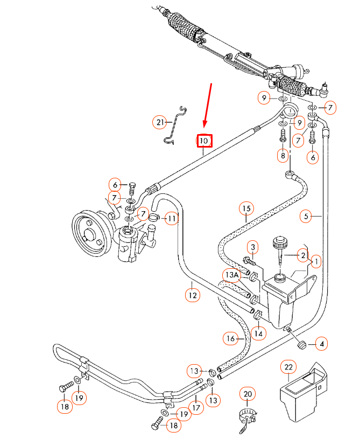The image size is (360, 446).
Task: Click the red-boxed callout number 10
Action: tap(204, 141)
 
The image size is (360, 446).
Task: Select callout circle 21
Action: tap(159, 123)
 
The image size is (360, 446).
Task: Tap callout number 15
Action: tap(246, 208)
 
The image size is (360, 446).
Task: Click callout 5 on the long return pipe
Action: tap(306, 217)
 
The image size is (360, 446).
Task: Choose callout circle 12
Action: tap(193, 295)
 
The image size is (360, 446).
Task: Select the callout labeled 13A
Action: tap(231, 275)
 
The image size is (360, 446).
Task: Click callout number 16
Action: tap(231, 338)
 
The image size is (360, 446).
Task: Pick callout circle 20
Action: tap(248, 394)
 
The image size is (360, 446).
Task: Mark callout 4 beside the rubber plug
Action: tap(321, 343)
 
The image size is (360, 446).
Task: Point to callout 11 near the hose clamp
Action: tap(171, 219)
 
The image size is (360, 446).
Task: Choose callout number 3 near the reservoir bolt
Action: tap(251, 247)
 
